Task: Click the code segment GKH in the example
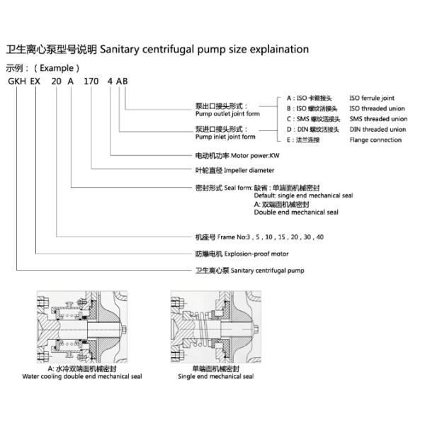[x=16, y=82]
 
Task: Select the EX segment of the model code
[x=37, y=82]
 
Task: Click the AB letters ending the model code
[x=123, y=82]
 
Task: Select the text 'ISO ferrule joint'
[x=372, y=98]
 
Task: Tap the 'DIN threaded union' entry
[x=378, y=130]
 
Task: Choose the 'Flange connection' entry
[x=375, y=140]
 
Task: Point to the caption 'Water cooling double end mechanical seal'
[x=81, y=377]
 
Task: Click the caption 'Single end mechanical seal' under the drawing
[x=215, y=377]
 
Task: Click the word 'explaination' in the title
[x=274, y=50]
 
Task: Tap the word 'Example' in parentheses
[x=52, y=69]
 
